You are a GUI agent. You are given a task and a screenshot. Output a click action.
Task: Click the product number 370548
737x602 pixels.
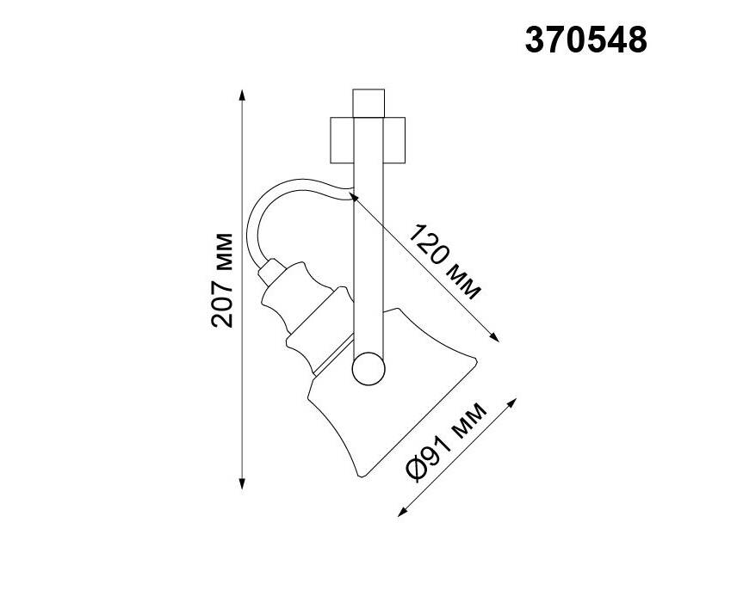coord(585,40)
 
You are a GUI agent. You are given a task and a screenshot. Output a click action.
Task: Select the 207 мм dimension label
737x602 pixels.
coord(222,279)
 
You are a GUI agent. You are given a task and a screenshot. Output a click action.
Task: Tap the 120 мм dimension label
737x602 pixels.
coord(443,262)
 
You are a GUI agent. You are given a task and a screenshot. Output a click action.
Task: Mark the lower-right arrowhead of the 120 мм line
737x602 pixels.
coord(493,336)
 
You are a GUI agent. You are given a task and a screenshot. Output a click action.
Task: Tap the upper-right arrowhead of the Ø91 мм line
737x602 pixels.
coord(511,402)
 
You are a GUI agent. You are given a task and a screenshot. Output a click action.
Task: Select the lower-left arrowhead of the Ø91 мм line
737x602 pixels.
coord(403,512)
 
